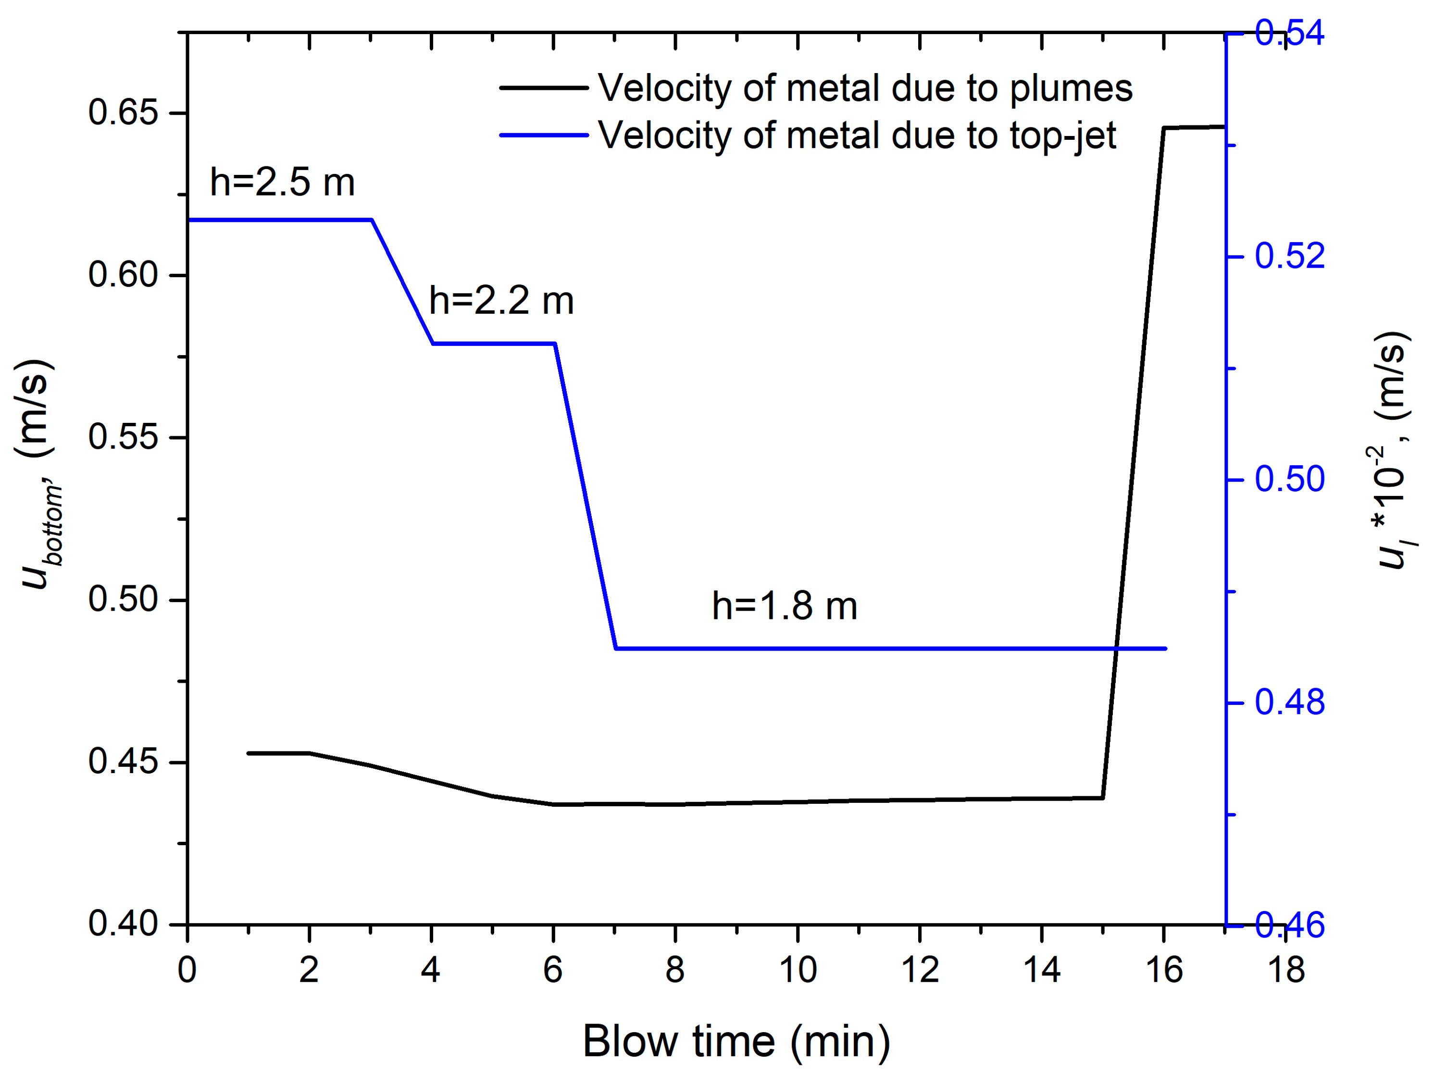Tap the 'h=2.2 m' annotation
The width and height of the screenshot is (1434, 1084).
coord(501,301)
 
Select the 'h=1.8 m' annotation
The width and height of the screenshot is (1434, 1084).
coord(785,606)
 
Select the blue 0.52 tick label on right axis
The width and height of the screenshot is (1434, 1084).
coord(1289,256)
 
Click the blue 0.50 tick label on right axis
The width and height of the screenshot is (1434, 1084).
coord(1289,480)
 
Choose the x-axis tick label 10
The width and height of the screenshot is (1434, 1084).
coord(798,970)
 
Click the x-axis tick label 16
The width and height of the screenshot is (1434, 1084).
coord(1164,970)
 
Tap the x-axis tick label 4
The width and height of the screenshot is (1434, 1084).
coord(430,970)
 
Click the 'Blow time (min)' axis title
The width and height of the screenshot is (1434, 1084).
coord(736,1042)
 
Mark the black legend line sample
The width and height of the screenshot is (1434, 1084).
coord(543,88)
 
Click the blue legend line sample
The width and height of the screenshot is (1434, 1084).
coord(543,135)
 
